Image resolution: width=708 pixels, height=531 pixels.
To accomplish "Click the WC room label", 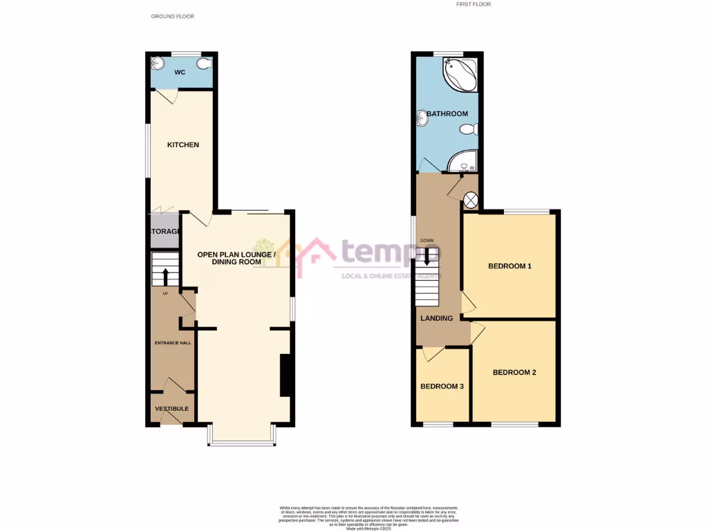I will coord(179,72).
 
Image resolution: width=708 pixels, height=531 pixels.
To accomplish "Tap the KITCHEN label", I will coord(183,145).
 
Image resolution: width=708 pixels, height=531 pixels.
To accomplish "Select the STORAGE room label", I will coord(164,231).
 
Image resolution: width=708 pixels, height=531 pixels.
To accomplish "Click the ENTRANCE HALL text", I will coord(173,342).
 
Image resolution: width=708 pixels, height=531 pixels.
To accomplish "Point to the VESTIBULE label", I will coord(171,409).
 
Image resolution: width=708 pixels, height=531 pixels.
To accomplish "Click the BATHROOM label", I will coord(447,113).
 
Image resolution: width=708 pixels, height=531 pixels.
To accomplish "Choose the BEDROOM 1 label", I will coord(510,265).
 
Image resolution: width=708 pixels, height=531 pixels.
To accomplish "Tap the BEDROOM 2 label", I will coord(514,372).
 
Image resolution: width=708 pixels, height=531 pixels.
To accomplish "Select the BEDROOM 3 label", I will coord(442,386).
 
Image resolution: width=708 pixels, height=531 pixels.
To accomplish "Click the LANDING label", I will coord(437,318).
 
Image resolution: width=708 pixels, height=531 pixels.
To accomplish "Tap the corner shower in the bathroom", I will coord(463,162).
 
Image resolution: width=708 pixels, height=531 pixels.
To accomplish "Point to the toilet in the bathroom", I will coord(469,129).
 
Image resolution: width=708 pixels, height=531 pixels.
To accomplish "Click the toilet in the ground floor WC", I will coord(203,64).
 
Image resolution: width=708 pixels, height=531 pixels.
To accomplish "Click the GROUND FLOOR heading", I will coord(172,15).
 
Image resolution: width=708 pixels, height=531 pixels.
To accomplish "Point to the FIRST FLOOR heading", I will coord(474,4).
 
